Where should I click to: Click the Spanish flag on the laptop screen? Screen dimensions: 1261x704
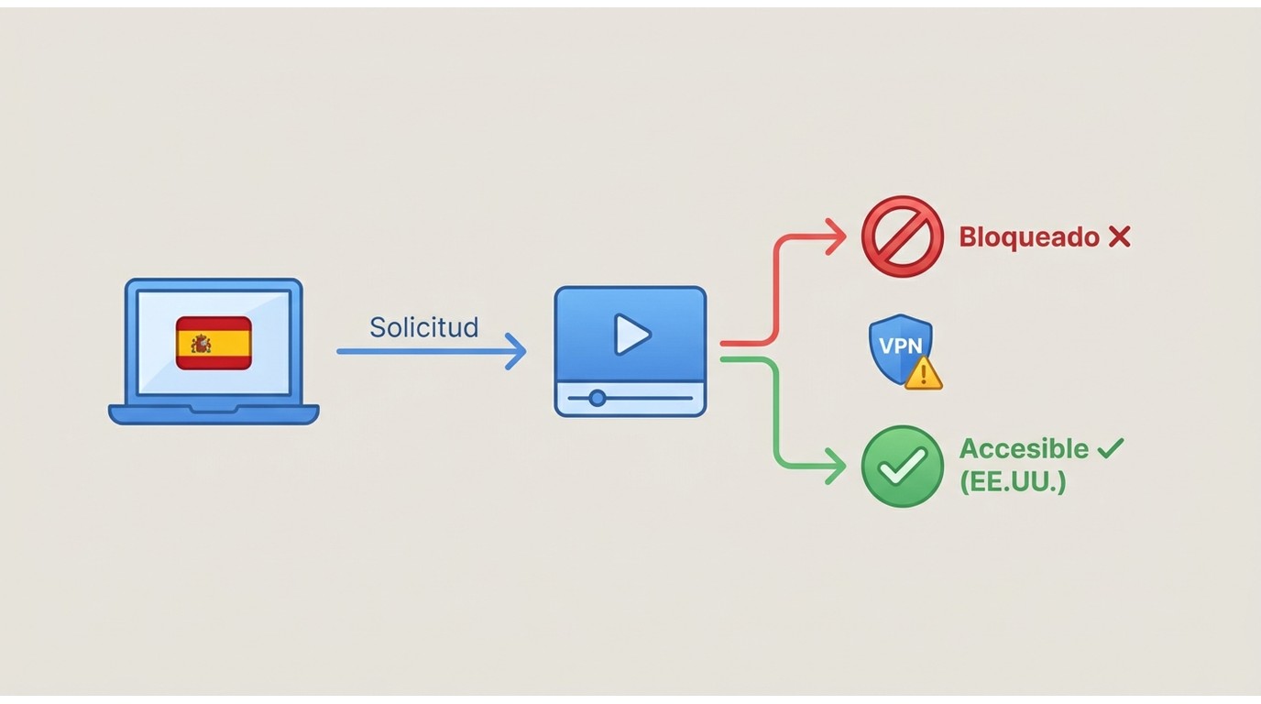coord(214,343)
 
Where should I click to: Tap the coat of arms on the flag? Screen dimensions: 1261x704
coord(201,344)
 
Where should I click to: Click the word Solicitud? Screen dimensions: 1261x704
coord(424,327)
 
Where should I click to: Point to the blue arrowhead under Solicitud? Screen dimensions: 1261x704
coord(516,351)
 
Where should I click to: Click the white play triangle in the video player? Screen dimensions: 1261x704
coord(631,335)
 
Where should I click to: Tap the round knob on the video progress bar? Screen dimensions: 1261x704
coord(598,398)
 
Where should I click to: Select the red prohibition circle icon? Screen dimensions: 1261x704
coord(903,236)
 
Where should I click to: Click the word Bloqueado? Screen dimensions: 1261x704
coord(1029,237)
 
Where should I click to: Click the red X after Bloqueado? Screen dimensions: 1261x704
coord(1119,237)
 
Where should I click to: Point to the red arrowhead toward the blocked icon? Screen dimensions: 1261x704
coord(836,236)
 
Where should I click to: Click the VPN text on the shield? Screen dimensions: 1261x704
coord(901,346)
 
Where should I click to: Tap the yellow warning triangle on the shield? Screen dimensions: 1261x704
coord(923,373)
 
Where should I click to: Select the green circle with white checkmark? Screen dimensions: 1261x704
coord(903,467)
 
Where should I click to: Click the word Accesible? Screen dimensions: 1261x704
coord(1024,449)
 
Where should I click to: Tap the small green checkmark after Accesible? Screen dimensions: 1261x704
coord(1111,448)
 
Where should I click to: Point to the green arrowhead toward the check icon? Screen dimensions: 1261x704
coord(836,467)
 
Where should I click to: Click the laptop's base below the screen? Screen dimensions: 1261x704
coord(214,414)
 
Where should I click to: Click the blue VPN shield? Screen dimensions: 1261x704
coord(901,350)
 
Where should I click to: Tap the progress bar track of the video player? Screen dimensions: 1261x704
coord(630,398)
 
